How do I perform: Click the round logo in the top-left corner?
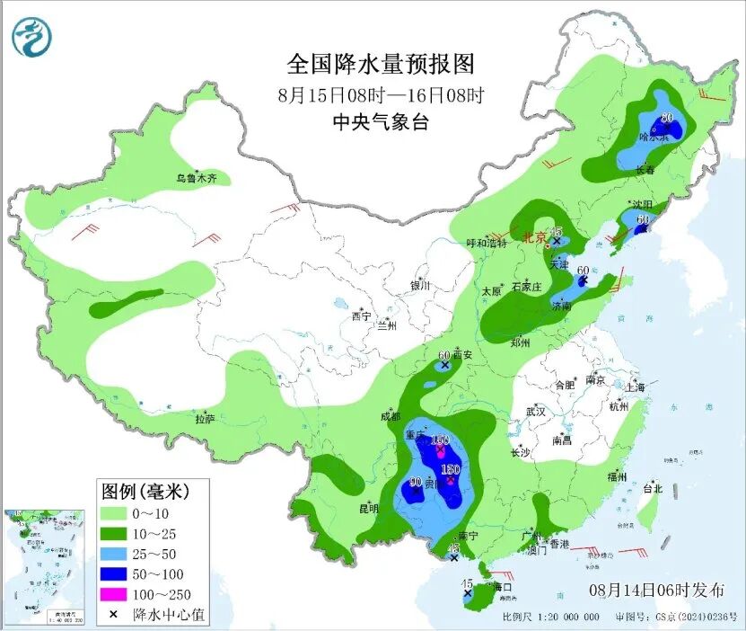pyautogui.click(x=32, y=37)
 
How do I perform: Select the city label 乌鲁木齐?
pyautogui.click(x=196, y=179)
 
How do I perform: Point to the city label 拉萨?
pyautogui.click(x=205, y=419)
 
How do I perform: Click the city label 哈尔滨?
pyautogui.click(x=654, y=137)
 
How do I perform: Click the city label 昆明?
pyautogui.click(x=369, y=508)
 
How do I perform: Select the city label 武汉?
pyautogui.click(x=536, y=411)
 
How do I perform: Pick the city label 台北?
pyautogui.click(x=652, y=489)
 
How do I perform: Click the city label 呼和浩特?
pyautogui.click(x=487, y=243)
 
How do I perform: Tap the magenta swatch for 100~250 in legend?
pyautogui.click(x=114, y=594)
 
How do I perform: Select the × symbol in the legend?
pyautogui.click(x=113, y=614)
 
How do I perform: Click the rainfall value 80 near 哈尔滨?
pyautogui.click(x=667, y=118)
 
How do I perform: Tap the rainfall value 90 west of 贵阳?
pyautogui.click(x=415, y=482)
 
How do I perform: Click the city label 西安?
pyautogui.click(x=461, y=355)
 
